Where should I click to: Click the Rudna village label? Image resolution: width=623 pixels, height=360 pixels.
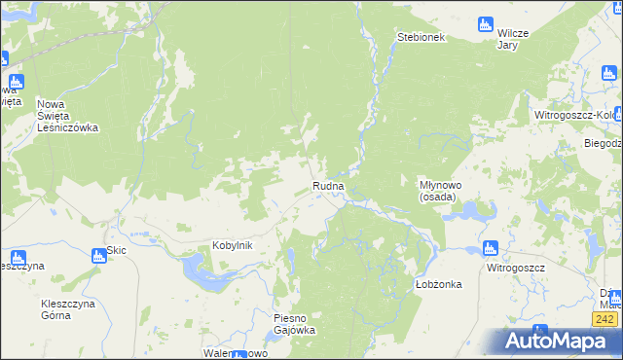click(x=328, y=186)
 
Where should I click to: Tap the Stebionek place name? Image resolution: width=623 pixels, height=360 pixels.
click(x=421, y=37)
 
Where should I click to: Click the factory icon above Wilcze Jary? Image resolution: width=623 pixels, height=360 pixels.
click(x=487, y=24)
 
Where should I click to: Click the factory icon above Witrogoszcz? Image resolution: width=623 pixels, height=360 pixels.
click(x=491, y=249)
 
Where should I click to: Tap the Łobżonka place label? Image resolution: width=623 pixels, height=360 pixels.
click(x=438, y=284)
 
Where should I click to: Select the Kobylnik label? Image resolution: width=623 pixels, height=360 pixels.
click(x=233, y=245)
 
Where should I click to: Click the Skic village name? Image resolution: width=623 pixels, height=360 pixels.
click(x=117, y=250)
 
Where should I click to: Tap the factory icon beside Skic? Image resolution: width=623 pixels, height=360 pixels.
click(x=98, y=257)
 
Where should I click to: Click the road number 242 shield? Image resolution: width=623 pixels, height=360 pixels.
click(x=604, y=319)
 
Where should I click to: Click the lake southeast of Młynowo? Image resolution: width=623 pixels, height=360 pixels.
click(x=465, y=209)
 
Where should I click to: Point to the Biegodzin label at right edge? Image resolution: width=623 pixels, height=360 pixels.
click(x=603, y=143)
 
